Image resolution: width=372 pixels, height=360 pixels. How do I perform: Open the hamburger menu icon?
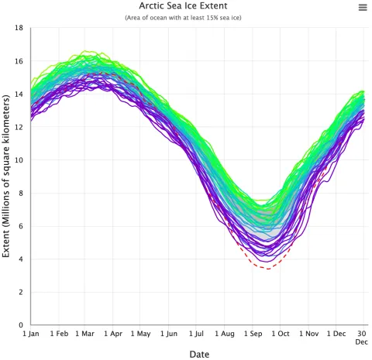(362, 7)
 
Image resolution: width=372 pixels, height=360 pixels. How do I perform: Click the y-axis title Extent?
(7, 176)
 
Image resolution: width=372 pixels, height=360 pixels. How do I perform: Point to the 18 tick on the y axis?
(18, 28)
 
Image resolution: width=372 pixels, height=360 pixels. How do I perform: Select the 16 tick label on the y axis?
(18, 61)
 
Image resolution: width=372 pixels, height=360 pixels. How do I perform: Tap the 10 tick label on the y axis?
(18, 160)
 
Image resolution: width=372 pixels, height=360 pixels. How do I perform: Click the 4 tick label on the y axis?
(20, 259)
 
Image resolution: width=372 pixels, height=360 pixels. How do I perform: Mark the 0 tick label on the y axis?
(20, 325)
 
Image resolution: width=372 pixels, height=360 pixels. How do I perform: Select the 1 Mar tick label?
(86, 334)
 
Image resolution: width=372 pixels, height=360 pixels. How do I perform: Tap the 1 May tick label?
(139, 334)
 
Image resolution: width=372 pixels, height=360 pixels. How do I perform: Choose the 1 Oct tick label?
(279, 334)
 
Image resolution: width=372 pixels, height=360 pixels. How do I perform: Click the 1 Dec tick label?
(335, 334)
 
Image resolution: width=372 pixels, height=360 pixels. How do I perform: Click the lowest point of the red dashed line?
(267, 268)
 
